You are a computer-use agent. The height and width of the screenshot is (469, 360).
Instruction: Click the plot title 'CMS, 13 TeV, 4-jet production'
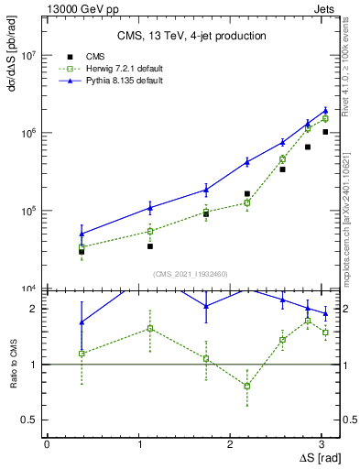coord(191,37)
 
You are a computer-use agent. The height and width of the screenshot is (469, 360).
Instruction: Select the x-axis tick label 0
coord(47,443)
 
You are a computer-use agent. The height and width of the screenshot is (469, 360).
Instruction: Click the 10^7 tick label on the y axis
coord(29,56)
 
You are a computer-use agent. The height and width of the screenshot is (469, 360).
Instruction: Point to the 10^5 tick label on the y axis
coord(29,212)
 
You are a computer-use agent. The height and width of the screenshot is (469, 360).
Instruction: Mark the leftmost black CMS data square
coord(82,251)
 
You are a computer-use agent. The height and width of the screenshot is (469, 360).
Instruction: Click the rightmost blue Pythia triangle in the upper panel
coord(325,111)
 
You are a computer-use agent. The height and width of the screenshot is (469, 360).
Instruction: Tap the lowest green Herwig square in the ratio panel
coord(247,386)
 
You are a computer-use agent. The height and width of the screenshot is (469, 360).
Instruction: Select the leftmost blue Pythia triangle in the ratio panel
coord(82,322)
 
